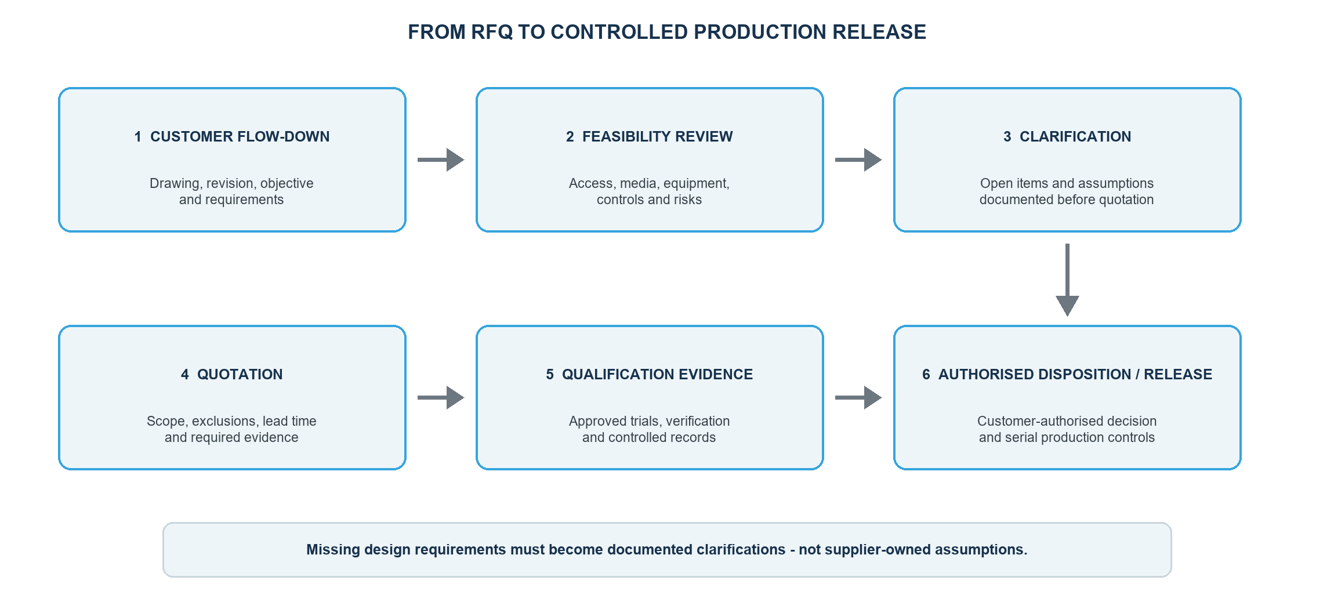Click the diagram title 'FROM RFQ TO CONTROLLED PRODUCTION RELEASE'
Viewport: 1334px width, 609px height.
[x=667, y=32]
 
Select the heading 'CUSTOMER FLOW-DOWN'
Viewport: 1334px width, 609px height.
[x=240, y=136]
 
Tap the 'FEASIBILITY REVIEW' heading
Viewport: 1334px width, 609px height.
[x=657, y=136]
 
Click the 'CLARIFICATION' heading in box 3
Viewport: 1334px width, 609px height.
[x=1075, y=136]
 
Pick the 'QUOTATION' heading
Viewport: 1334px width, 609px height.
[x=240, y=374]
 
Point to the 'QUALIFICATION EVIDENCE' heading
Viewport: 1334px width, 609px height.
[x=657, y=374]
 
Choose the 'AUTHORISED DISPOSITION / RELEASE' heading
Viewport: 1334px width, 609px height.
[x=1075, y=374]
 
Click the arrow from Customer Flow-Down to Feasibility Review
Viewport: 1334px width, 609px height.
[x=441, y=159]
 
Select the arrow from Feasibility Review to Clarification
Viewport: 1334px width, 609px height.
[x=858, y=159]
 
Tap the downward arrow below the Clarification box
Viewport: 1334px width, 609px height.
[x=1067, y=280]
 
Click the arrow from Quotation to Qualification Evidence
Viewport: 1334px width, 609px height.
[x=441, y=397]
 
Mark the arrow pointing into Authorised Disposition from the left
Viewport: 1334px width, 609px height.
[x=858, y=397]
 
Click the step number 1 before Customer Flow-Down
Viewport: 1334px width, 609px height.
[x=138, y=136]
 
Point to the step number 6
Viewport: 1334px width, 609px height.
[x=926, y=374]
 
